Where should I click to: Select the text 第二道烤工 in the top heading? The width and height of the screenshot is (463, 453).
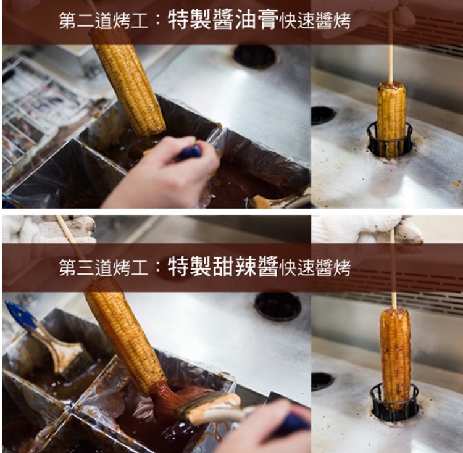(103, 21)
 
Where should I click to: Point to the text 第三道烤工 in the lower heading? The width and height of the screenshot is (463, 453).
(103, 267)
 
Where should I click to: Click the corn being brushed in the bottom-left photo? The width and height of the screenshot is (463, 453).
(125, 336)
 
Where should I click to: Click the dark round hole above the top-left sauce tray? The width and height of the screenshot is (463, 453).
(254, 57)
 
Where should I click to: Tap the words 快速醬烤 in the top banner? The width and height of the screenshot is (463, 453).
(315, 21)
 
